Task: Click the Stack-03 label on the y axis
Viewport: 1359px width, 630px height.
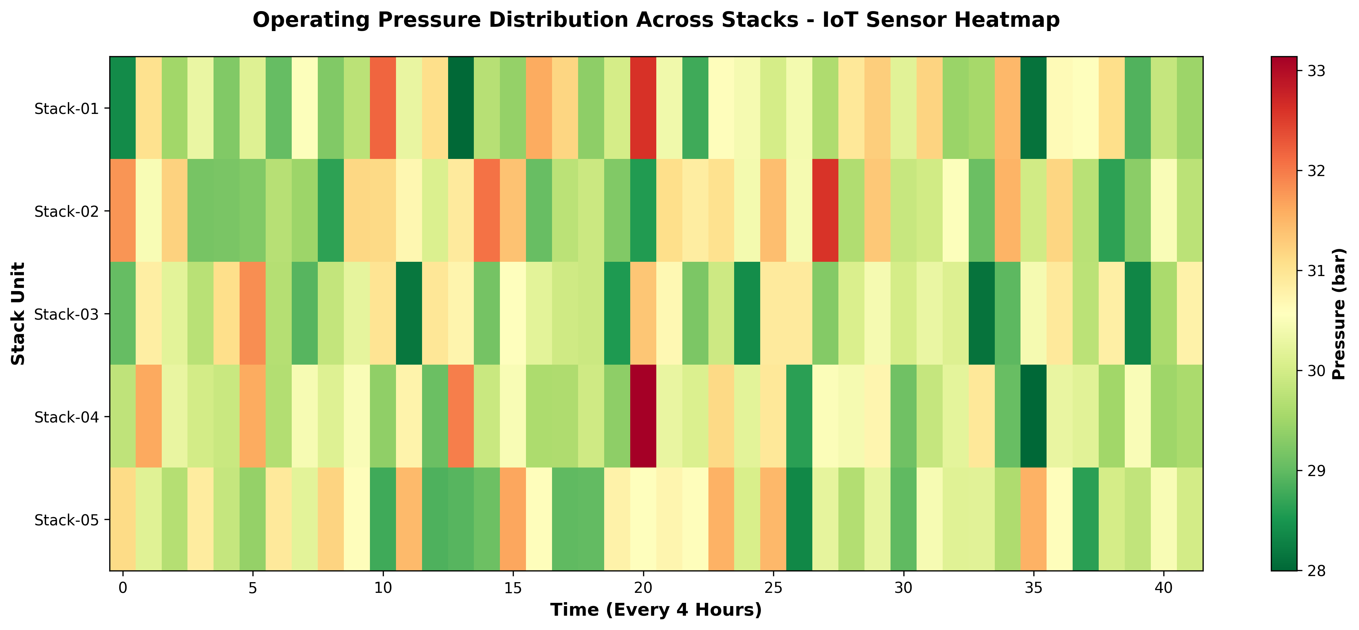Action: (x=66, y=315)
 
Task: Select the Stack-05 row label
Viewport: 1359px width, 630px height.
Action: (x=66, y=520)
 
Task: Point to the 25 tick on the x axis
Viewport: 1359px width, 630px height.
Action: (x=773, y=587)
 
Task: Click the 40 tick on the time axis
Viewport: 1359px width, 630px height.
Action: (x=1164, y=587)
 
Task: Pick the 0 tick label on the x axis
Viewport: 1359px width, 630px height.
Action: (x=123, y=587)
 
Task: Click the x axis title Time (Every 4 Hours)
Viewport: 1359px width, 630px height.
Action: (x=656, y=610)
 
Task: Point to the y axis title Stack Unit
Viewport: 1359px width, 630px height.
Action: (x=19, y=314)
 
